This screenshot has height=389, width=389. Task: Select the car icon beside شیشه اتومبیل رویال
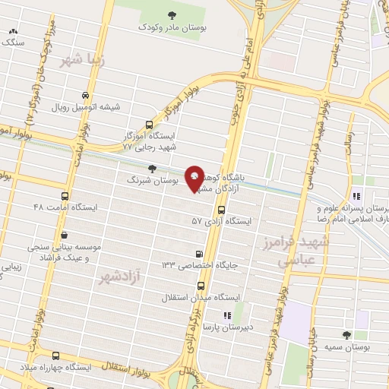coord(85,96)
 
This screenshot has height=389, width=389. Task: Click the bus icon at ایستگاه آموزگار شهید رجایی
coord(150,125)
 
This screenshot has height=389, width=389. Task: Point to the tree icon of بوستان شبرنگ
coord(153,169)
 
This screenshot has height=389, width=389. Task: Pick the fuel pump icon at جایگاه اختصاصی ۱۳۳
coord(199,255)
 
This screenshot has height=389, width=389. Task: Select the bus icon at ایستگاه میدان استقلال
coord(201,286)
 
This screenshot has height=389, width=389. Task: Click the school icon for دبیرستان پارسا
coord(226,315)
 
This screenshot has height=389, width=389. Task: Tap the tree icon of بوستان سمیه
coord(346,335)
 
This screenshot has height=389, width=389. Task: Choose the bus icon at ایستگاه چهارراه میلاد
coord(55,356)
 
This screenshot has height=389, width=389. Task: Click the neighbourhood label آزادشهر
coord(120,277)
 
